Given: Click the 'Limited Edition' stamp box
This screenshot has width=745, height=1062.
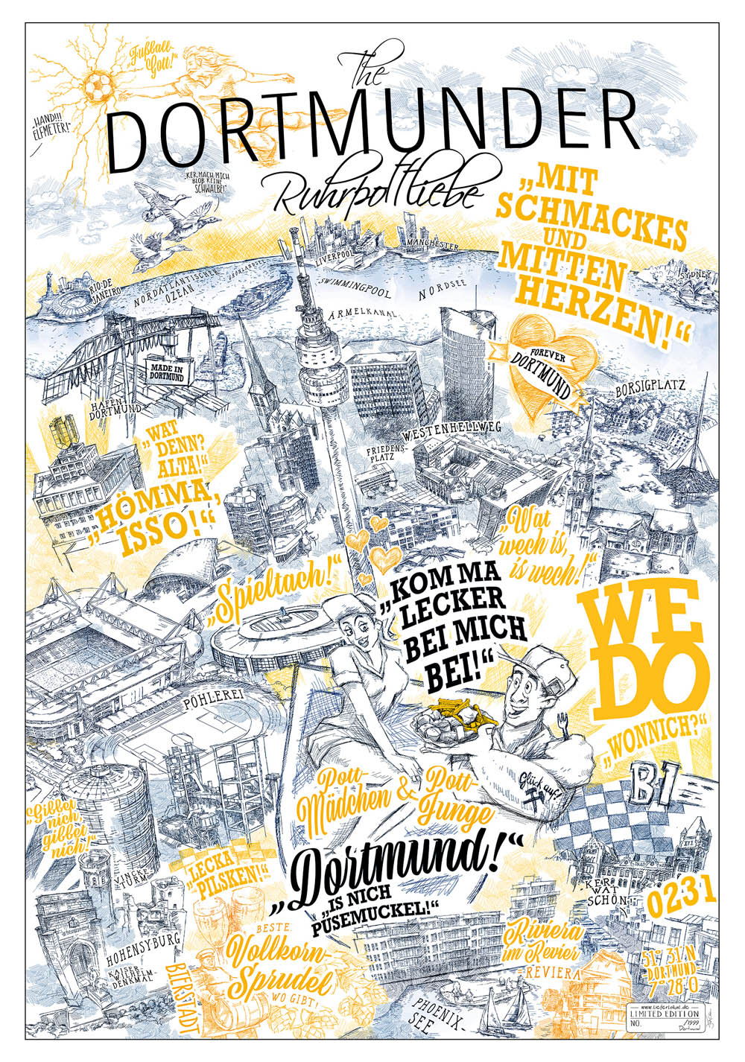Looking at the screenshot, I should coord(665,1014).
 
